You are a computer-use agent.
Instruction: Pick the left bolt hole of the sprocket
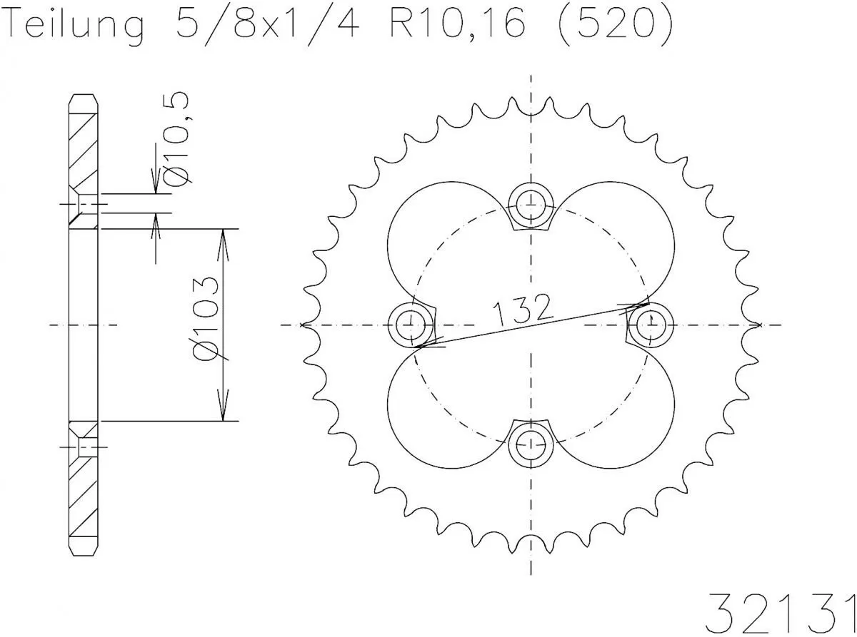(409, 325)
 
